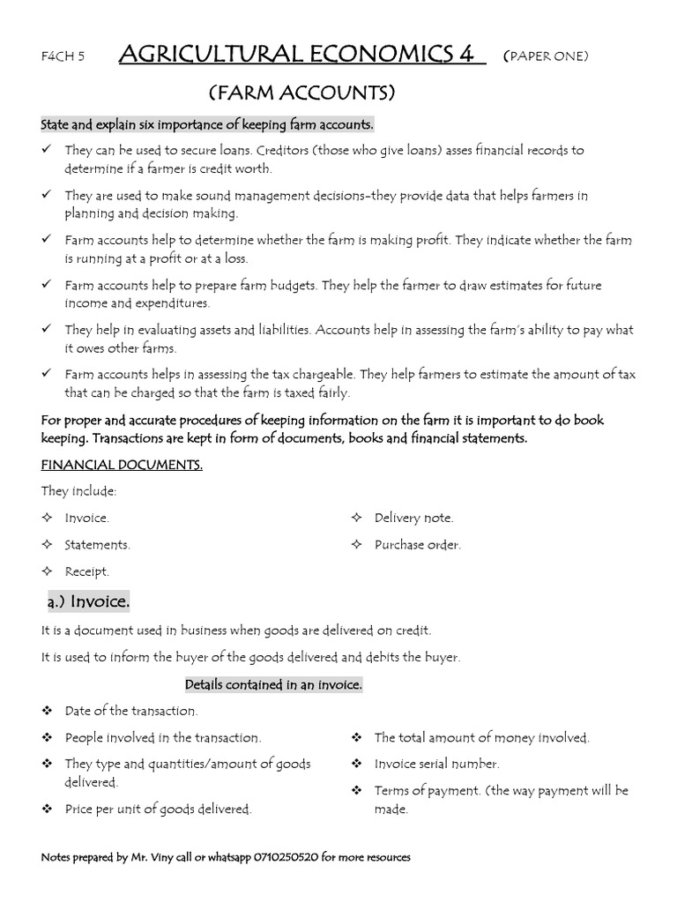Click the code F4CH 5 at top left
[x=63, y=57]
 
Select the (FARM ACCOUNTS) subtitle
[x=301, y=93]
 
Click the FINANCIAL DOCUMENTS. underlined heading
[x=122, y=465]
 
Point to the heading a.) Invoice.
[x=89, y=601]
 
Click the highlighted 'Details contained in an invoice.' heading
[x=273, y=684]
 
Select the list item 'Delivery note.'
[x=413, y=519]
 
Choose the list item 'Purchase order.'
[x=417, y=545]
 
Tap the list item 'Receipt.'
[x=86, y=571]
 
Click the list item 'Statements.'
[x=97, y=545]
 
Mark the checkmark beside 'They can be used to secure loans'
[x=47, y=150]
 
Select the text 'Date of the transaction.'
[x=131, y=711]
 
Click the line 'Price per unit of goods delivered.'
[x=159, y=809]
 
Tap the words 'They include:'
[x=78, y=491]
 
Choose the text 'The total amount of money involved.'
[x=481, y=737]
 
